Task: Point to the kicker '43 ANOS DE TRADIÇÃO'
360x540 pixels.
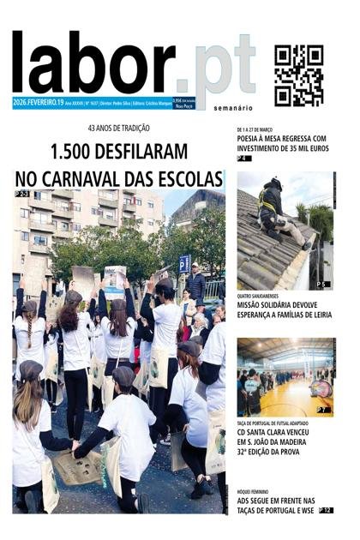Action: click(118, 128)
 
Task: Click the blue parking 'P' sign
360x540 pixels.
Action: click(184, 264)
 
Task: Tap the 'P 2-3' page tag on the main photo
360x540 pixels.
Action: click(22, 195)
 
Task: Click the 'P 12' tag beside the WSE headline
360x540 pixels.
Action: click(325, 510)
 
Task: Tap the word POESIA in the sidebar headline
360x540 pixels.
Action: click(252, 138)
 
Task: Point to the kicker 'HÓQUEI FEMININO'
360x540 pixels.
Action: click(256, 490)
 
